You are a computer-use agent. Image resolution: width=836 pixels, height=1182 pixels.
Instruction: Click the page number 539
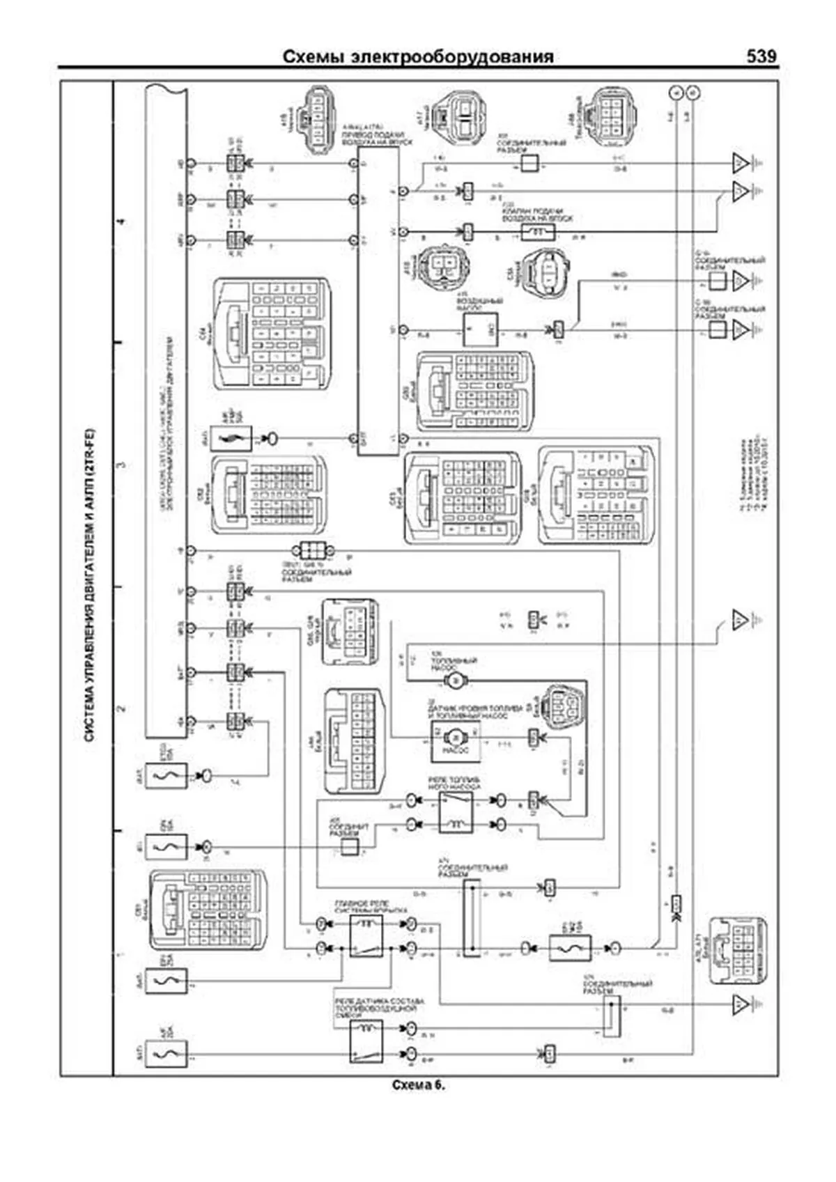[x=761, y=56]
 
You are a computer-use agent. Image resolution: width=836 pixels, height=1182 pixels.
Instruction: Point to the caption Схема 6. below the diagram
[x=418, y=1085]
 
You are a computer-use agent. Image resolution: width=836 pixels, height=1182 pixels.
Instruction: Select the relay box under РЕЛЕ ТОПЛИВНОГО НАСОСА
[x=456, y=813]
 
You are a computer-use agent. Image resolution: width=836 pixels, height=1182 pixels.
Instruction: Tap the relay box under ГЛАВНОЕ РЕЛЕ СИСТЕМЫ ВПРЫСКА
[x=366, y=936]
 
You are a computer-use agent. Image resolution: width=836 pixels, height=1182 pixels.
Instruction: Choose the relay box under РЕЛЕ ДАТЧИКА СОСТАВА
[x=366, y=1041]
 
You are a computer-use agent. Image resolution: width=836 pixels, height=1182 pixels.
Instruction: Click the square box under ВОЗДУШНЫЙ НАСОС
[x=481, y=329]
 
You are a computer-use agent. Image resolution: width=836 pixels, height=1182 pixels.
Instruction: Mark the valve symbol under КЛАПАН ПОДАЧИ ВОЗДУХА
[x=539, y=231]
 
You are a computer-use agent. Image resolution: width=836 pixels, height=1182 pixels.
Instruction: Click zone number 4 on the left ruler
[x=123, y=223]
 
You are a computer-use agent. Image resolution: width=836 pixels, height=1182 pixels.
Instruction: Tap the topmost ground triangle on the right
[x=740, y=164]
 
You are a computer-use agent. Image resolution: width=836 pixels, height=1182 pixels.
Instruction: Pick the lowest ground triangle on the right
[x=740, y=1004]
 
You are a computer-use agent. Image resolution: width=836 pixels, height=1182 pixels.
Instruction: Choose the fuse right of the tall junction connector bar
[x=570, y=948]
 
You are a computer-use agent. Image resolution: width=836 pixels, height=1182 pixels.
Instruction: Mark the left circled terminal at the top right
[x=674, y=92]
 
